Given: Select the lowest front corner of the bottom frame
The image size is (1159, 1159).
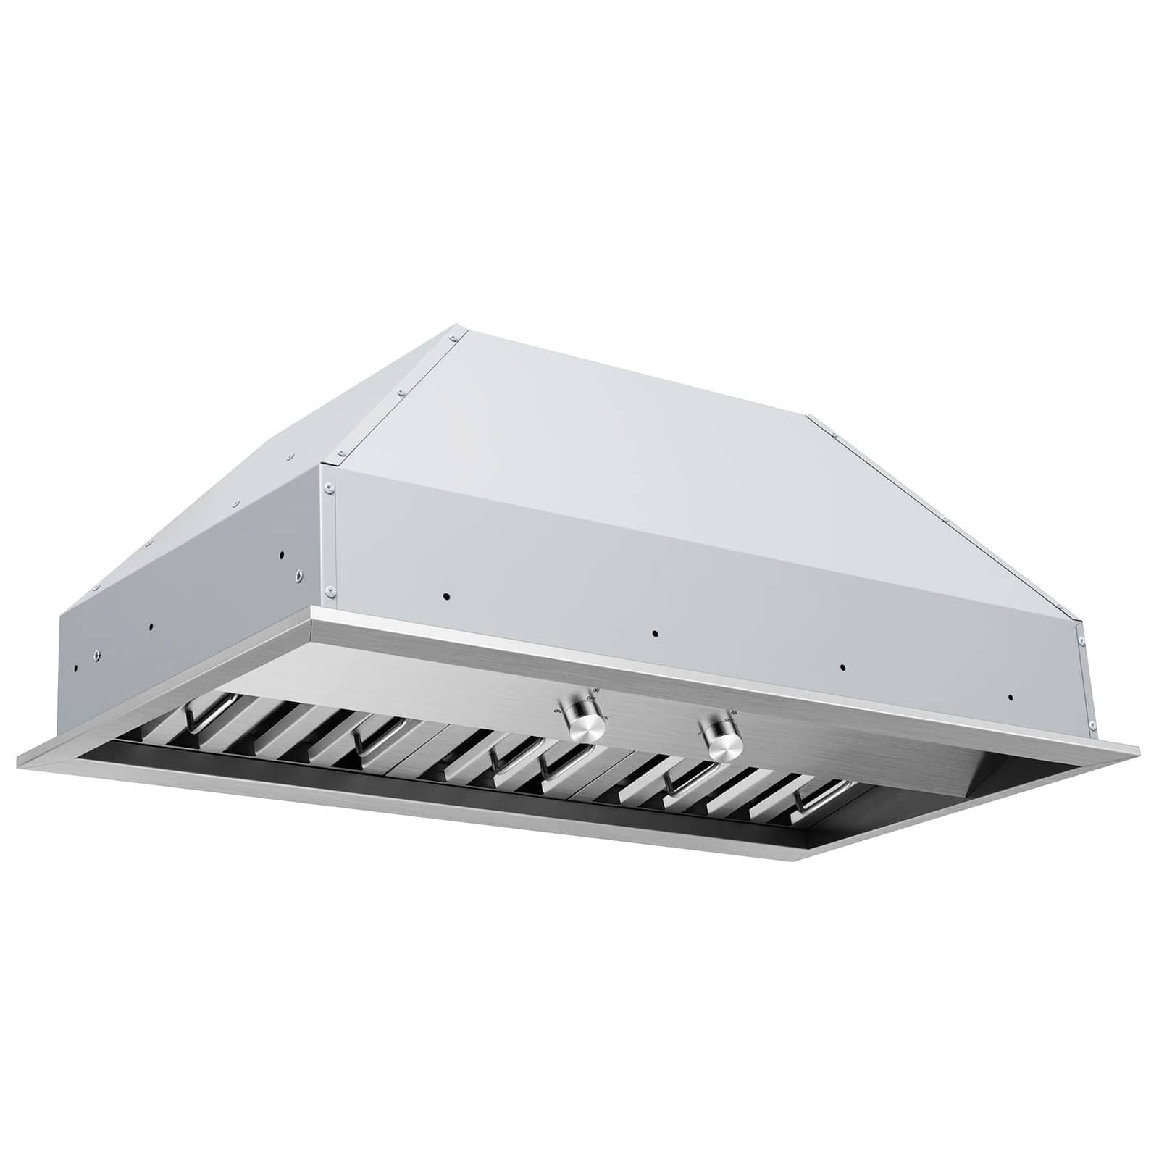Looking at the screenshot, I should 800,862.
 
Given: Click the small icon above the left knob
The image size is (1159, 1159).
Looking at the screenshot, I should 595,690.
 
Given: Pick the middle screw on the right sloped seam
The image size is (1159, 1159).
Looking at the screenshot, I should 945,519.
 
